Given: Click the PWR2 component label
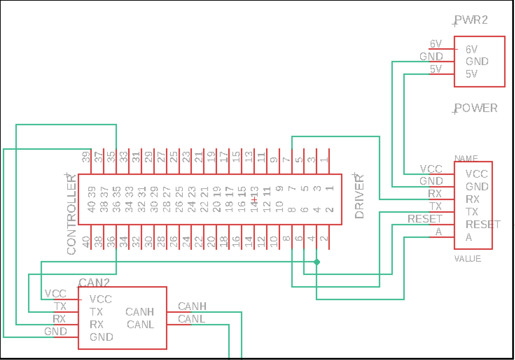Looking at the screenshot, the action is coord(471,20).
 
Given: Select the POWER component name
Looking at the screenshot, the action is coord(476,108).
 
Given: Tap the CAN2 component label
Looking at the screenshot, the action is coord(94,283).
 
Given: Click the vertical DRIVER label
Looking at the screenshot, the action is coord(359,197).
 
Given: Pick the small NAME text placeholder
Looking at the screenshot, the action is coord(466,158).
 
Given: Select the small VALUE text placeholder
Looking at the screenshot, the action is coord(468,259).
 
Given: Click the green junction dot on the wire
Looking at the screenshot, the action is coord(317,262).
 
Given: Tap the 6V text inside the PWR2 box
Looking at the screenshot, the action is coord(472,49).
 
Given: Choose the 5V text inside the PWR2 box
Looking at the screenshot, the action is coord(472,74).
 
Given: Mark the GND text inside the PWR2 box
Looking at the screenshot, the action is coord(477,62).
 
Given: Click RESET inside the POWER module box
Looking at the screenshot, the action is coord(483,225).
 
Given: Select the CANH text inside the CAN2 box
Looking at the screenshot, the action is coord(140,312).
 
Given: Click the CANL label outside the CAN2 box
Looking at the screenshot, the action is coord(192,319).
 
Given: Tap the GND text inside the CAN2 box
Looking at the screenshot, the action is coord(102,337).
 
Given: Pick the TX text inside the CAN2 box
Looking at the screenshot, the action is coord(96,312).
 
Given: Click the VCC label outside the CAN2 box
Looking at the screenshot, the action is coord(56,293).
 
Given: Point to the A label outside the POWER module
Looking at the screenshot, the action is coord(438,232).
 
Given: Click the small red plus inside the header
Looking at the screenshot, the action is coord(254,200).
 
